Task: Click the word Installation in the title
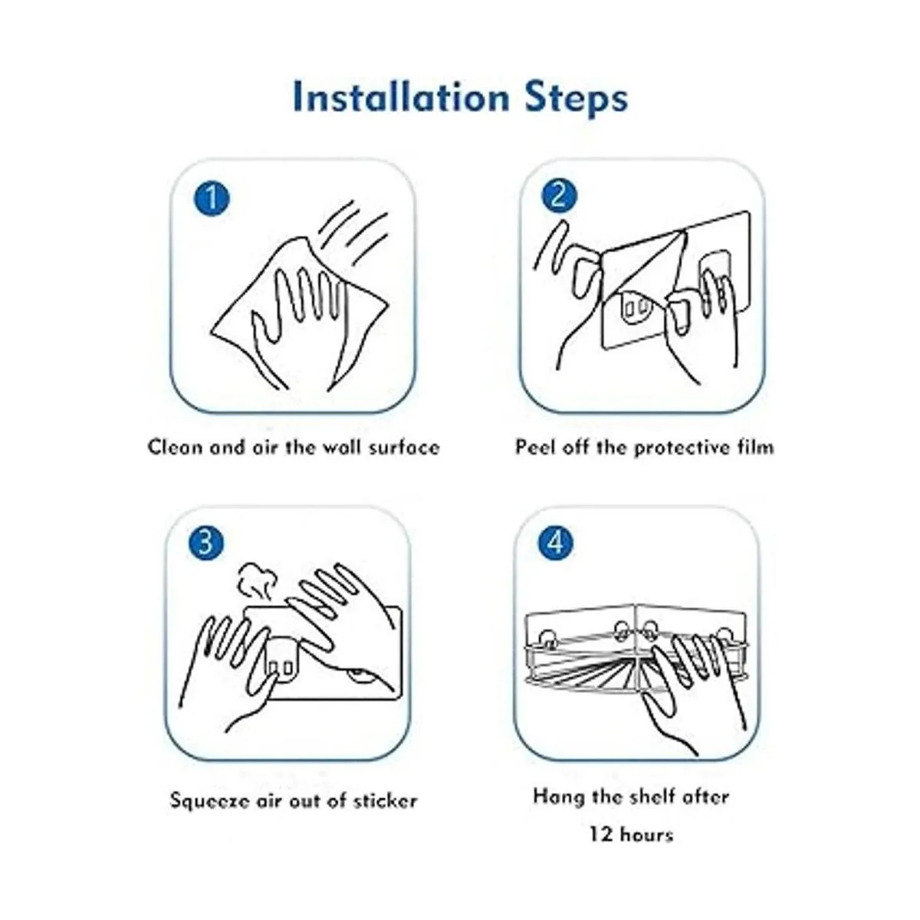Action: coord(402,98)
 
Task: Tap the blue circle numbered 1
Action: coord(212,198)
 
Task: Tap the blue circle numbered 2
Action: coord(559,195)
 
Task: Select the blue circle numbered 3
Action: coord(206,544)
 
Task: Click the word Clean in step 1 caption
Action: coord(176,447)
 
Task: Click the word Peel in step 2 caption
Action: coord(534,447)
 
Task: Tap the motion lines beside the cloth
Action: coord(353,233)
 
